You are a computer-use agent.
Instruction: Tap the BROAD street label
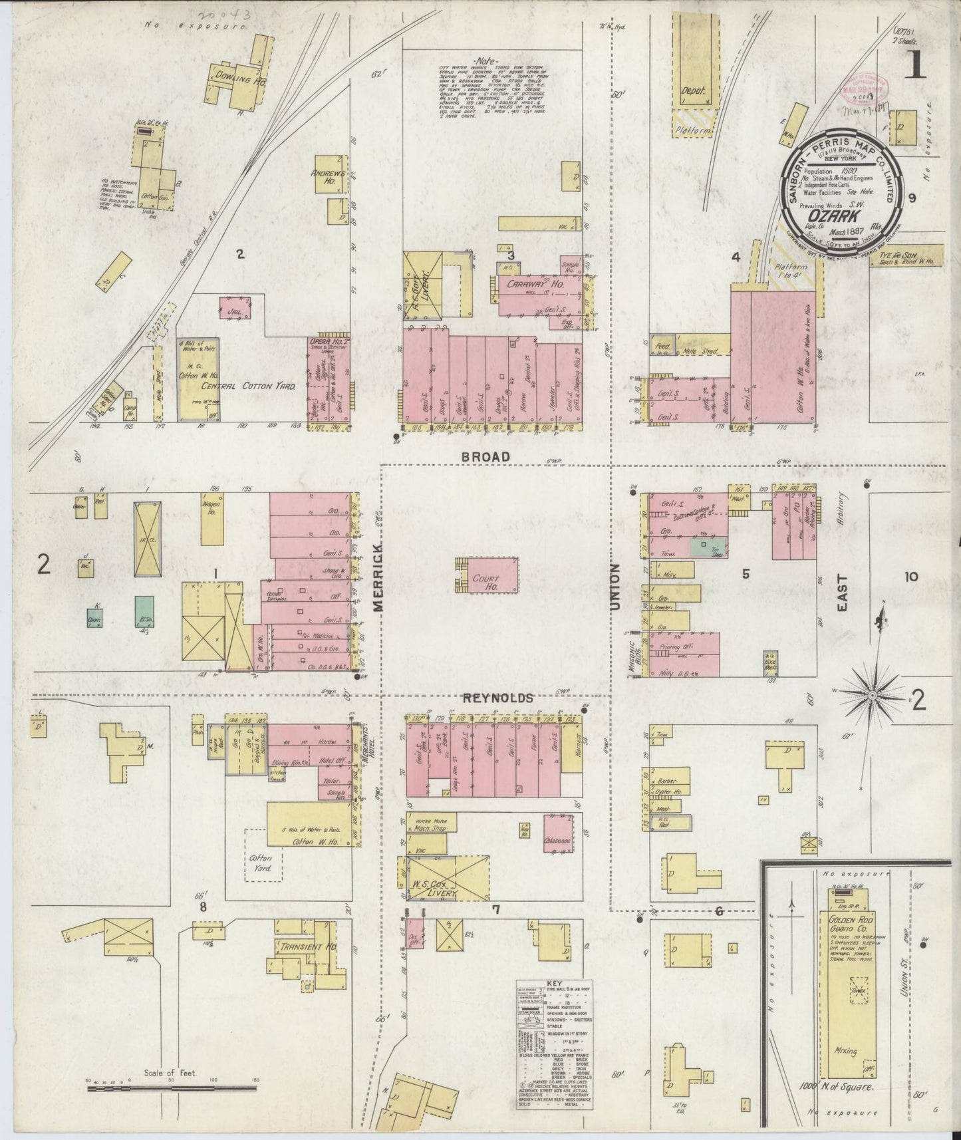[x=487, y=457]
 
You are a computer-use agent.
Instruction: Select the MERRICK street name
[x=378, y=576]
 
